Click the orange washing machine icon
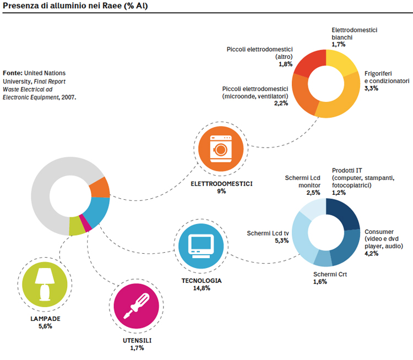(221, 149)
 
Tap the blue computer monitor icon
(201, 246)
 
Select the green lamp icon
(45, 285)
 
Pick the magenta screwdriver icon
(137, 306)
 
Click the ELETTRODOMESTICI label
(221, 184)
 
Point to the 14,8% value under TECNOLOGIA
(202, 288)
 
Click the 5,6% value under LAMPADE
(45, 326)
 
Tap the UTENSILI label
(137, 341)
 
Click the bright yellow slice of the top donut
(341, 62)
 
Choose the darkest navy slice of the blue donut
(343, 214)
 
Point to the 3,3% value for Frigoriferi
(371, 88)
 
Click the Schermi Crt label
(330, 274)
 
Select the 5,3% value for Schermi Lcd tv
(282, 241)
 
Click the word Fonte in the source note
(13, 73)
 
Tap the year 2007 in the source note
(69, 97)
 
